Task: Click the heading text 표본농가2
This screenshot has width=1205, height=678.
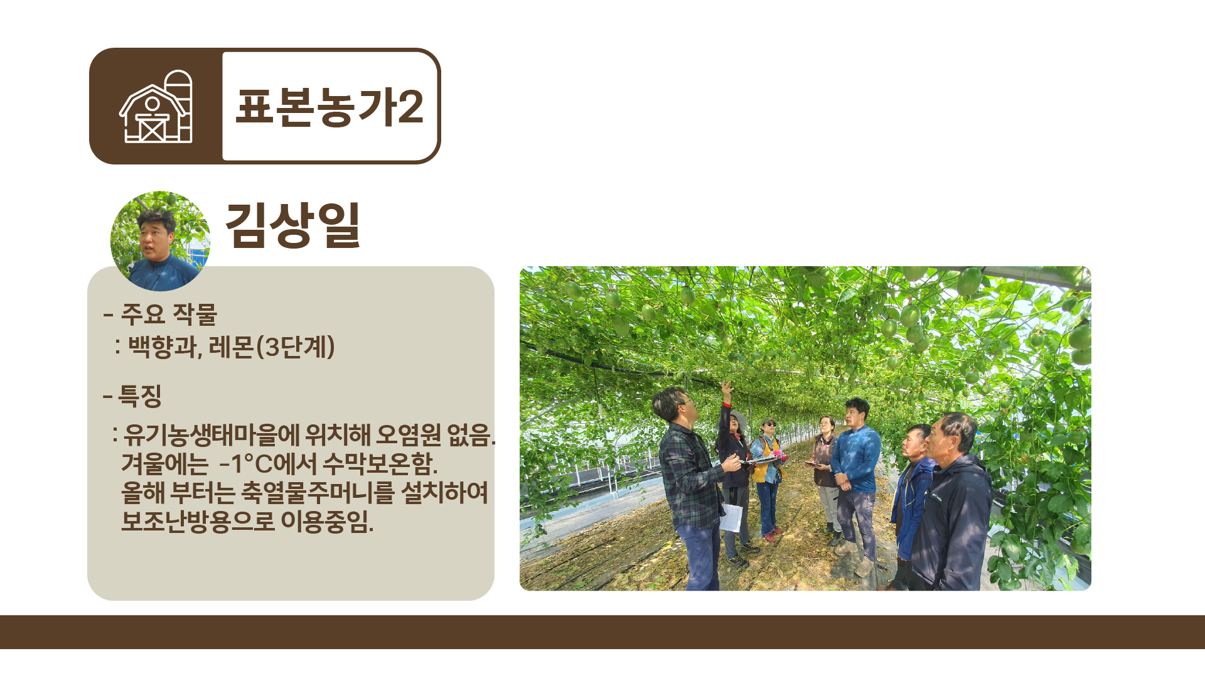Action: tap(329, 107)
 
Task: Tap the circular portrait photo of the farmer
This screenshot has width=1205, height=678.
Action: tap(160, 241)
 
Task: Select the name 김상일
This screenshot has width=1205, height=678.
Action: tap(292, 225)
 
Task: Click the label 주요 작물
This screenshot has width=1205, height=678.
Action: tap(168, 315)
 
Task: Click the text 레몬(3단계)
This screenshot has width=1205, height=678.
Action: tap(272, 347)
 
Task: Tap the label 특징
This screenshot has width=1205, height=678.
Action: tap(140, 395)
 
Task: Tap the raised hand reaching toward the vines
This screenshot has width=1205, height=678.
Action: tap(727, 388)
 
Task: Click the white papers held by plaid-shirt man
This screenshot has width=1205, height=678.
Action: tap(731, 517)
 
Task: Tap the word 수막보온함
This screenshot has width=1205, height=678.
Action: tap(380, 464)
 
